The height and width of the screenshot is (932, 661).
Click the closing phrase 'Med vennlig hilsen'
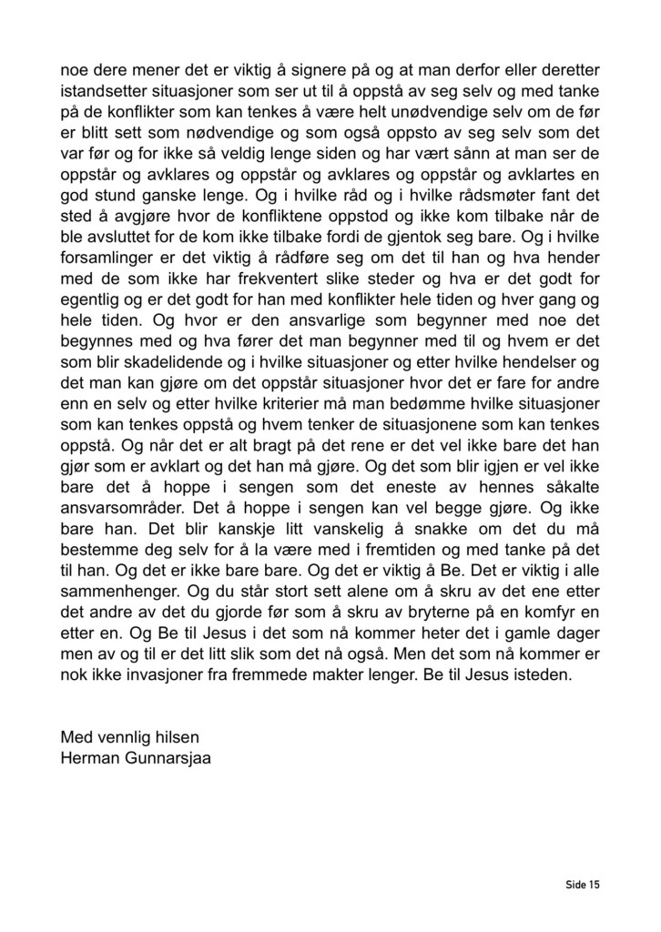pyautogui.click(x=129, y=736)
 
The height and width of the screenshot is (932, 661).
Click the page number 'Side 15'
pyautogui.click(x=580, y=884)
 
